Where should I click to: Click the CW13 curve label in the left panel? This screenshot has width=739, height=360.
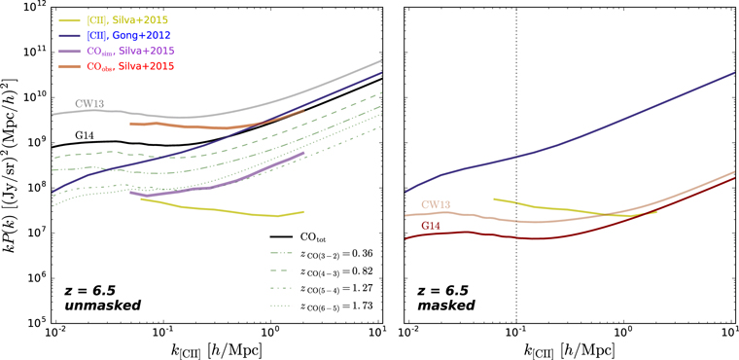click(89, 103)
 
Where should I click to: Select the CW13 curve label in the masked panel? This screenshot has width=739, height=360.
click(438, 204)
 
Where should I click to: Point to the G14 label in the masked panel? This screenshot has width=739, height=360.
click(435, 226)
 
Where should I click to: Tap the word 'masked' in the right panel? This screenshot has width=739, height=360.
click(446, 306)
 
